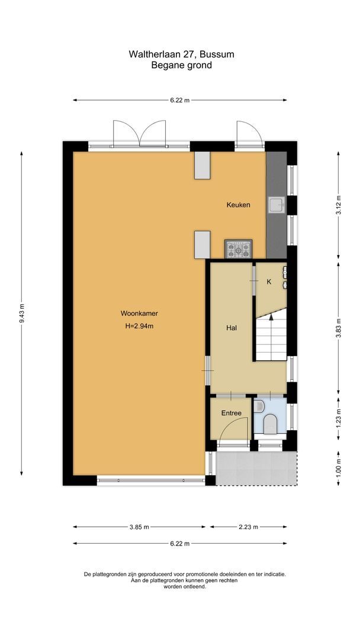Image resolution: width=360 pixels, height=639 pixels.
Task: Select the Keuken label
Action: [x=238, y=205]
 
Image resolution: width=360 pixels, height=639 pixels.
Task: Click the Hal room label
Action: [x=232, y=327]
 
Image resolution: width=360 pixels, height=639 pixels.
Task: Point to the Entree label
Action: [x=231, y=413]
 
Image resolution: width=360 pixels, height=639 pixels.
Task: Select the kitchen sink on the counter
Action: [x=276, y=205]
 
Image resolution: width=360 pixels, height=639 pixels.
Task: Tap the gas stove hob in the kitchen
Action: [x=238, y=250]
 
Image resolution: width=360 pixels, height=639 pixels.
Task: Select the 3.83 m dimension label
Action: [x=338, y=327]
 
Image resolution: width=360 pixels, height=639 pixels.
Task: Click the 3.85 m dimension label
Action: [x=139, y=527]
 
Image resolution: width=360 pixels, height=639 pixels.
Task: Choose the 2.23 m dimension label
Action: [x=249, y=527]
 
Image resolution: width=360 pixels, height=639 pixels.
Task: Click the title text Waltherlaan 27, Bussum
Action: [x=181, y=54]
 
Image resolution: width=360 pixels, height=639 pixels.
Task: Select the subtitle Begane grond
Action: [x=181, y=65]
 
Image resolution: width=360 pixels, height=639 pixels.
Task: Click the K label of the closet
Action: [x=269, y=282]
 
